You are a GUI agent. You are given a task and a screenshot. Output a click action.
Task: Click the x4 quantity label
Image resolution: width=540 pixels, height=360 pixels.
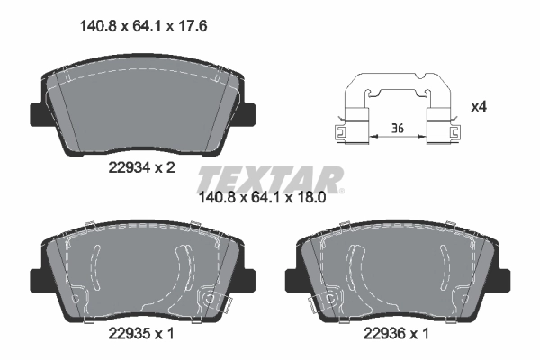coord(478,108)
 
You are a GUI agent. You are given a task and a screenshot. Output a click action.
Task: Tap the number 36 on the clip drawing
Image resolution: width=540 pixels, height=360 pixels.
coord(398,129)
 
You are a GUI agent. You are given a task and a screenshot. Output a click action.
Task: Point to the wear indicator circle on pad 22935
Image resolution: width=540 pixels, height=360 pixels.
coord(211,298)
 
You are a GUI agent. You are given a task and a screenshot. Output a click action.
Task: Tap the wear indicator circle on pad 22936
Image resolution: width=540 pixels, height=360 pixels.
coord(328,298)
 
